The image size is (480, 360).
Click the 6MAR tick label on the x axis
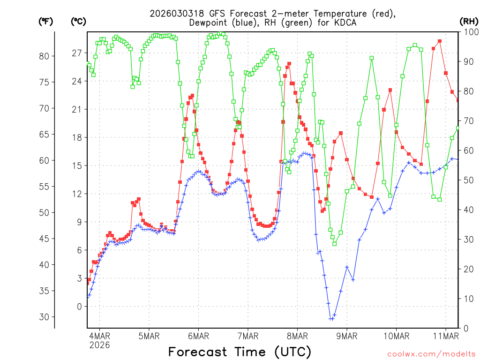point(198,336)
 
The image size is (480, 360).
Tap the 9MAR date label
point(347,336)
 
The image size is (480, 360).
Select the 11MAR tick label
point(445,336)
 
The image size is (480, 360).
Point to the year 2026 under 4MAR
point(99,345)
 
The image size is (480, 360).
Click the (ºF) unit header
point(45,21)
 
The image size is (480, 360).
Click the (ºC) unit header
point(78,21)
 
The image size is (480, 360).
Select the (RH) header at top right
point(469,21)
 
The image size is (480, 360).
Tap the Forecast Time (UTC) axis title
point(240,352)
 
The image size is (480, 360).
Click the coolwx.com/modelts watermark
point(431,353)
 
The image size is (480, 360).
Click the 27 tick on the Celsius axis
point(77,53)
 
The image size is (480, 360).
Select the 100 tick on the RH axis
point(469,32)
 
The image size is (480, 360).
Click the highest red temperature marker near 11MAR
point(440,41)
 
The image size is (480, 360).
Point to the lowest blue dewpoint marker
point(331,319)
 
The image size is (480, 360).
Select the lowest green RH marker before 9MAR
point(334,243)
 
